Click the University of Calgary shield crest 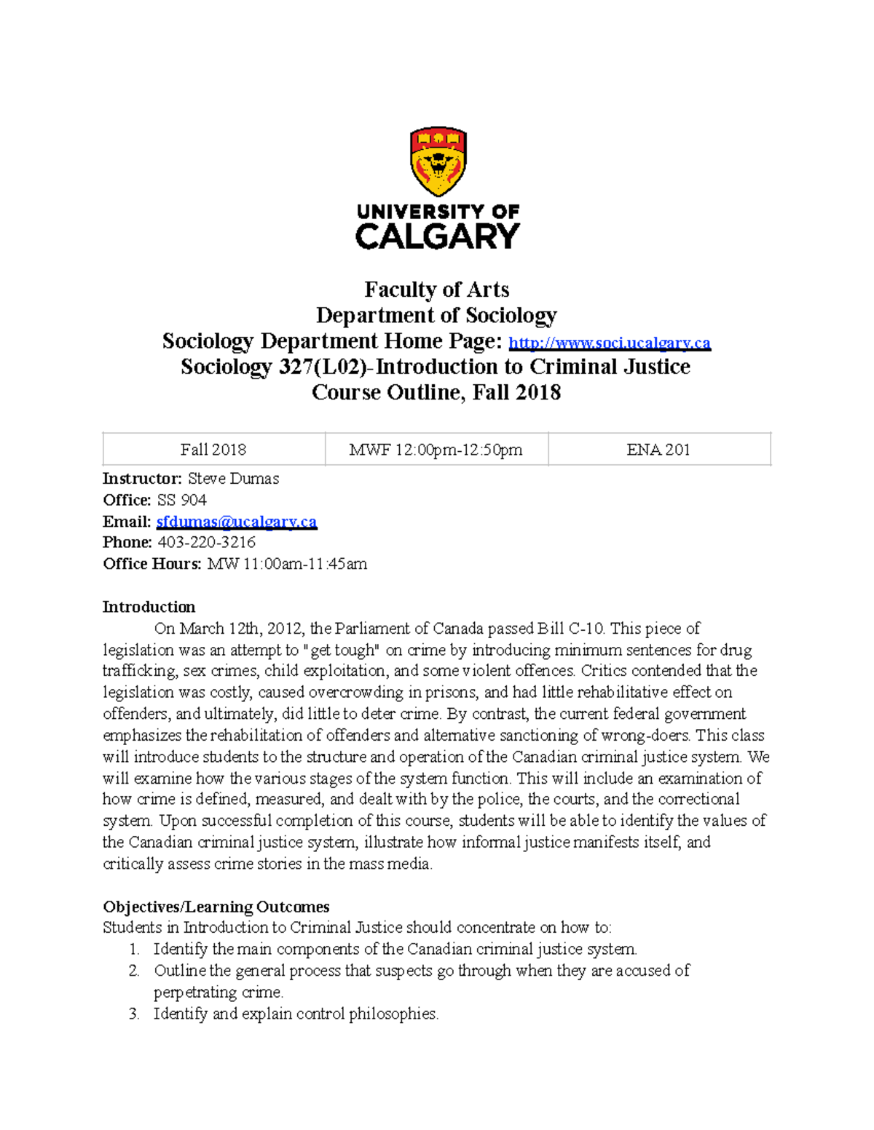click(438, 162)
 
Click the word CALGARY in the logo click(438, 236)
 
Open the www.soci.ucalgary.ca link click(609, 343)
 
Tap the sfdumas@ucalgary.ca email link click(237, 522)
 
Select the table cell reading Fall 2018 click(213, 450)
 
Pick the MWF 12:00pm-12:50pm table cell click(436, 450)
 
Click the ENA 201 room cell click(658, 450)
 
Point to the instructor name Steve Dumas click(233, 479)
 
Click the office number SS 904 click(181, 500)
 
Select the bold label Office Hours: click(151, 564)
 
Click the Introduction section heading click(149, 607)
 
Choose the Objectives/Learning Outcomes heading click(216, 907)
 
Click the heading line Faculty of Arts click(436, 290)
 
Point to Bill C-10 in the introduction click(571, 628)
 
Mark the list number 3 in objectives click(134, 1014)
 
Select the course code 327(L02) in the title click(324, 367)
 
